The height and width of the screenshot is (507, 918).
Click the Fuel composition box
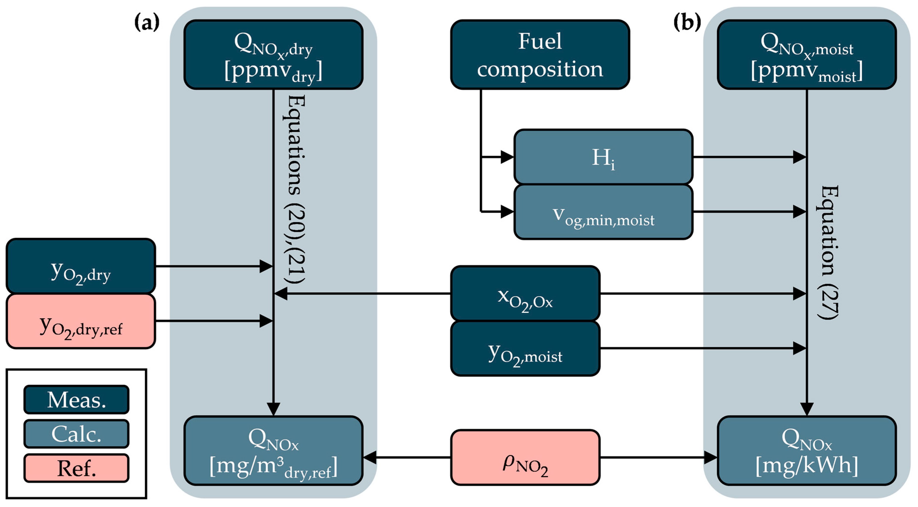pos(540,54)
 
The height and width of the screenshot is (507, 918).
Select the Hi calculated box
pos(603,157)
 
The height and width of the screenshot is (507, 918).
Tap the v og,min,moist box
pos(603,212)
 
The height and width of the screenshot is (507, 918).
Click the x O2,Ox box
pos(525,293)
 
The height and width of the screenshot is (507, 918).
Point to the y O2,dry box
pos(81,266)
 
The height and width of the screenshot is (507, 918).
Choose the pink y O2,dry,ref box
pos(81,321)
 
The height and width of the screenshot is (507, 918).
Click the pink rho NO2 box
pos(525,457)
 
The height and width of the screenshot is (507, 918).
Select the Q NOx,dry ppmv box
pos(273,54)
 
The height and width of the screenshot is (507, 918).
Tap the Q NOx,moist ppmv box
pos(807,54)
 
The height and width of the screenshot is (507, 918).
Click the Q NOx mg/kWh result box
pos(807,451)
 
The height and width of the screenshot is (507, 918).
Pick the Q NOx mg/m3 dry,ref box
pos(273,451)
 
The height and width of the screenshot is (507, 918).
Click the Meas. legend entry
pos(76,399)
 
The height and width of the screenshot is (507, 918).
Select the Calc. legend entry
pos(76,434)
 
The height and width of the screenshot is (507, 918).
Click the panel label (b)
pos(687,22)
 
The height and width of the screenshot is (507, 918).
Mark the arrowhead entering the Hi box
pos(507,157)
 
